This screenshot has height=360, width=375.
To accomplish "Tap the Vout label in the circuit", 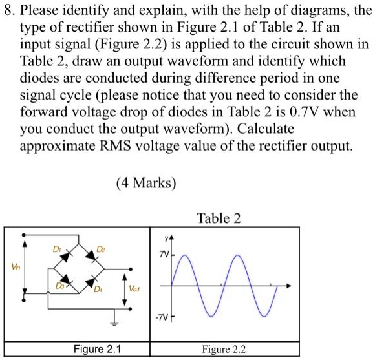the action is point(134,288).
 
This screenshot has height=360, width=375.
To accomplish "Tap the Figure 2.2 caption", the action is point(224,350).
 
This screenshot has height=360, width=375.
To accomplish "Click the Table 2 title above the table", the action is point(220,218).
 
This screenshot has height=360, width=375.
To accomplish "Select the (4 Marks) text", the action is point(146,183).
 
